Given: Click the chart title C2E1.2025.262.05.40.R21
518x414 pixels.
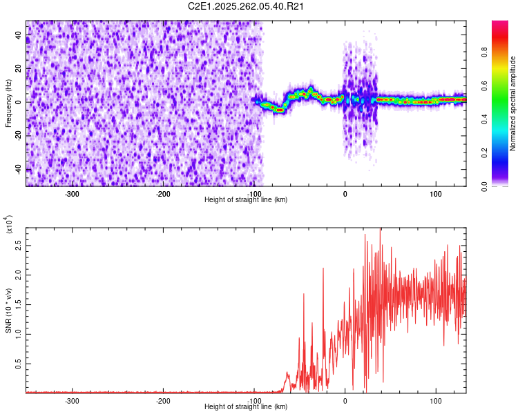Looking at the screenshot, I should pos(247,7).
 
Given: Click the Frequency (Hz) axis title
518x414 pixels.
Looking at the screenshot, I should pos(8,103).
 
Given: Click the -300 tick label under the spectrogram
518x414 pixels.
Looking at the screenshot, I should pos(73,193).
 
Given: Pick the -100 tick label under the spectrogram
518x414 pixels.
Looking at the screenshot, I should pos(254,193).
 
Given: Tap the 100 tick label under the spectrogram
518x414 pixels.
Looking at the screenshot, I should pos(436,193).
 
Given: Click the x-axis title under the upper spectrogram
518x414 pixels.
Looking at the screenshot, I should pos(247,200).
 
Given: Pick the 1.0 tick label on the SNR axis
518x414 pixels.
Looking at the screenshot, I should pos(18,334).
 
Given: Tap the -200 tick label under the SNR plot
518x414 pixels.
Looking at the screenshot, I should pos(163,400).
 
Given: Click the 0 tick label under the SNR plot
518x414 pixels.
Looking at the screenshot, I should pos(345,400).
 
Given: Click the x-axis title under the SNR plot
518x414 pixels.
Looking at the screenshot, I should pos(247,407).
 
